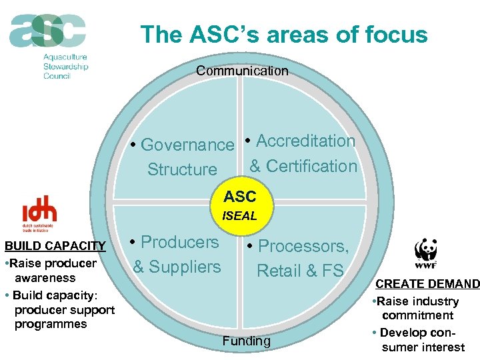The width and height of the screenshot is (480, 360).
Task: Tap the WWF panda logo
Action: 426,252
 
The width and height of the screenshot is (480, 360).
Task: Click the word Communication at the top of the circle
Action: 242,71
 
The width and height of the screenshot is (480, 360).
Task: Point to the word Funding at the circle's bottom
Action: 246,341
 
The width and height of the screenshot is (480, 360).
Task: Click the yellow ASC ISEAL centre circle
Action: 240,205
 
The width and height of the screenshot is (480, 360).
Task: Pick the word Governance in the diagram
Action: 187,145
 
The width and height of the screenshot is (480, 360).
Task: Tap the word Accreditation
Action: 305,141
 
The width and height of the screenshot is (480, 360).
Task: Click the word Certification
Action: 311,166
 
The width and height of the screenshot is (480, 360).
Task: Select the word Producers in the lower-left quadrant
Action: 180,242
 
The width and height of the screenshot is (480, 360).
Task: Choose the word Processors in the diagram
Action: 303,246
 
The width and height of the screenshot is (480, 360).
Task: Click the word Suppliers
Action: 184,267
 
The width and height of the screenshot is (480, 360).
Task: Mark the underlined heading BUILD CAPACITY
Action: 55,247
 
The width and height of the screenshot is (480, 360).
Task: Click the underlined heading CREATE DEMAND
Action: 427,285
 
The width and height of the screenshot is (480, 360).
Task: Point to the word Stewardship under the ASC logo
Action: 65,67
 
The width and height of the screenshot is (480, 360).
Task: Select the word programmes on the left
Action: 51,324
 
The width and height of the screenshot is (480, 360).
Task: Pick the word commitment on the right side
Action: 417,315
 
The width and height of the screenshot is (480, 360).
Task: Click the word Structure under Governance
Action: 182,169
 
